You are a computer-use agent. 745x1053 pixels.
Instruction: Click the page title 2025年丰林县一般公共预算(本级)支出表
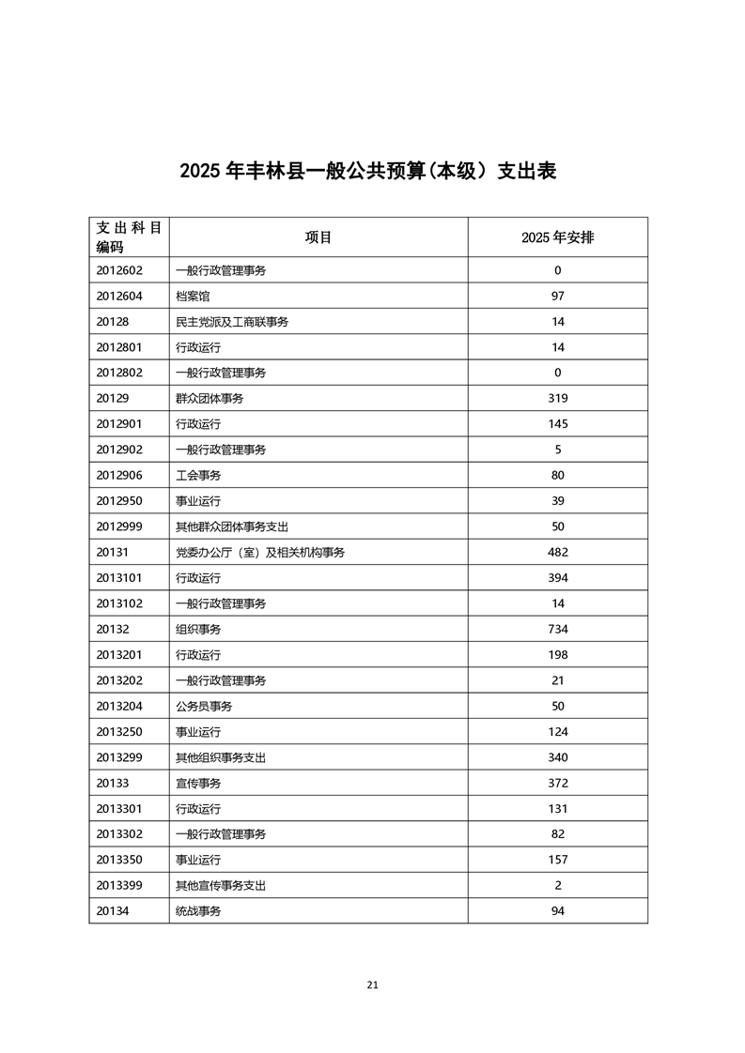pyautogui.click(x=368, y=172)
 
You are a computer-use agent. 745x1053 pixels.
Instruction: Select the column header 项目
pyautogui.click(x=318, y=237)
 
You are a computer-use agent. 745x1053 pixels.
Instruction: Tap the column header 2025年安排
pyautogui.click(x=557, y=237)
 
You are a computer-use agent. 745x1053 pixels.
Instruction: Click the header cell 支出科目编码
pyautogui.click(x=129, y=237)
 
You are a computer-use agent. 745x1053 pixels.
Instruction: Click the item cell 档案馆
pyautogui.click(x=193, y=297)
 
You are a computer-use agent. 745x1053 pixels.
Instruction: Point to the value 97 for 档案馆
pyautogui.click(x=557, y=297)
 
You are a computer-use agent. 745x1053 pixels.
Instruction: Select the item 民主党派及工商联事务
pyautogui.click(x=232, y=322)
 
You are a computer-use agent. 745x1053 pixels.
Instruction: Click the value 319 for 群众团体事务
pyautogui.click(x=557, y=399)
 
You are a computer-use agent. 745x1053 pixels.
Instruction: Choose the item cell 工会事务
pyautogui.click(x=198, y=476)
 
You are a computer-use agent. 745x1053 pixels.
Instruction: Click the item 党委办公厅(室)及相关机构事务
pyautogui.click(x=260, y=553)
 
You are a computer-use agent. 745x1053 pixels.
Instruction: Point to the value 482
pyautogui.click(x=557, y=553)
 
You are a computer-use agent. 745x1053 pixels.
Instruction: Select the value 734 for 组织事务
pyautogui.click(x=557, y=630)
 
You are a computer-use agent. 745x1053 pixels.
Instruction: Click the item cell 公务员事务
pyautogui.click(x=204, y=706)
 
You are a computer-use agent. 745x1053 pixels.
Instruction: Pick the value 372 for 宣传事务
pyautogui.click(x=557, y=783)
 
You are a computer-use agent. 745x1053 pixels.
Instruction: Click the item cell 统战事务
pyautogui.click(x=198, y=910)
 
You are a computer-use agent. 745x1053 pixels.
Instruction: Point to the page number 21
pyautogui.click(x=373, y=984)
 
